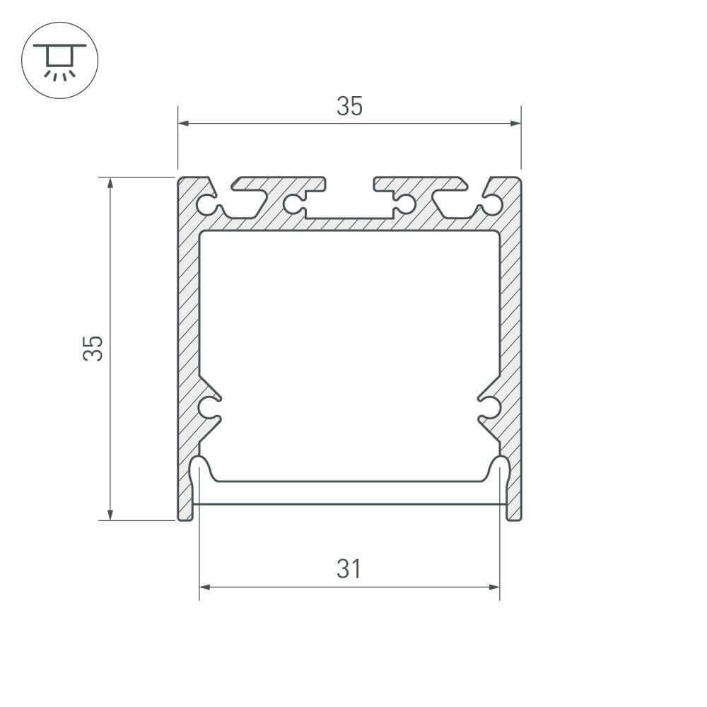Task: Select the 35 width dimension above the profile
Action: click(349, 107)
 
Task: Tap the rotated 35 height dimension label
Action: click(93, 348)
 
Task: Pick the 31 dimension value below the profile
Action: click(349, 569)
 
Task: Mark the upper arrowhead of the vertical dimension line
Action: click(110, 182)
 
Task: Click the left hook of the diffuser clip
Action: click(200, 470)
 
